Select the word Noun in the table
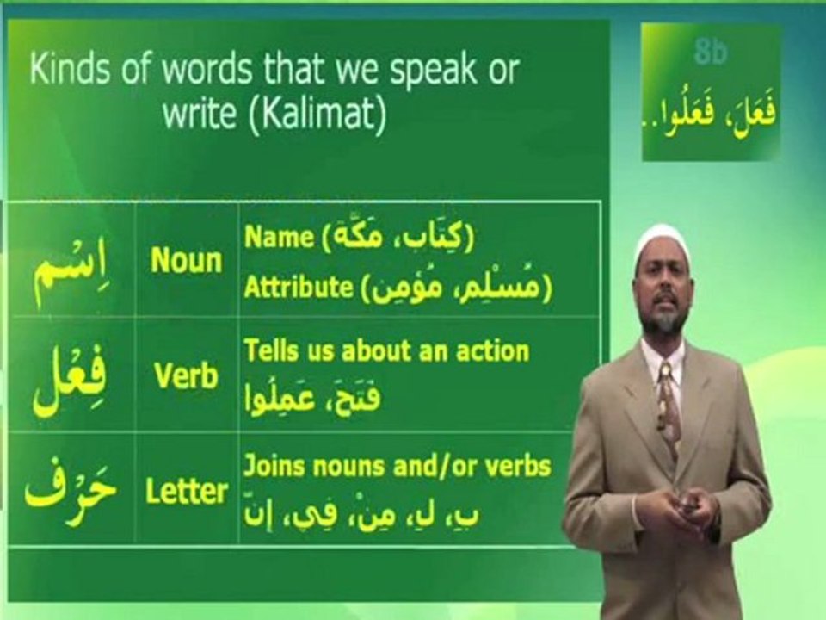coord(186,261)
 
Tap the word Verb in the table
coord(186,376)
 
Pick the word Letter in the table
coord(186,492)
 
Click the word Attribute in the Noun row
coord(299,288)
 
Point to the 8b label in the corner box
coord(711,53)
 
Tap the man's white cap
coord(659,244)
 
